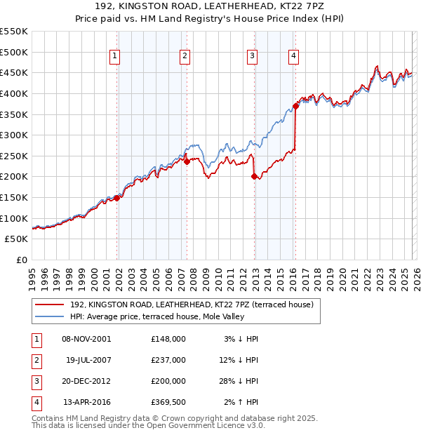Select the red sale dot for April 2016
(x=295, y=106)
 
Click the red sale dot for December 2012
(x=255, y=176)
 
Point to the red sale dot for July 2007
(x=187, y=161)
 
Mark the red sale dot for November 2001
(x=117, y=198)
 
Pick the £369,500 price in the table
(x=167, y=402)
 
